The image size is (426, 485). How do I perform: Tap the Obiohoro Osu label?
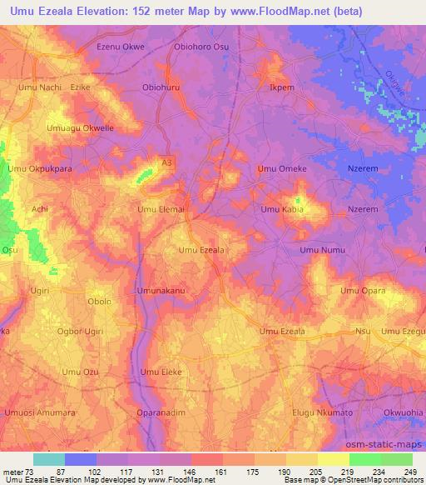point(201,47)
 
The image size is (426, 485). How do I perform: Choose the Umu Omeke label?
point(282,168)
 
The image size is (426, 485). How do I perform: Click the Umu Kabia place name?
point(282,209)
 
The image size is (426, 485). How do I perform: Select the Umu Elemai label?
point(161,209)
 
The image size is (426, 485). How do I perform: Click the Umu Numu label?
point(322,249)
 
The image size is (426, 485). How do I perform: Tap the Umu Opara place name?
point(363,290)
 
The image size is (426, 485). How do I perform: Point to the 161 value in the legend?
point(221,471)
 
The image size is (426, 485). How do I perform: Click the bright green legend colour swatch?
point(364,459)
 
